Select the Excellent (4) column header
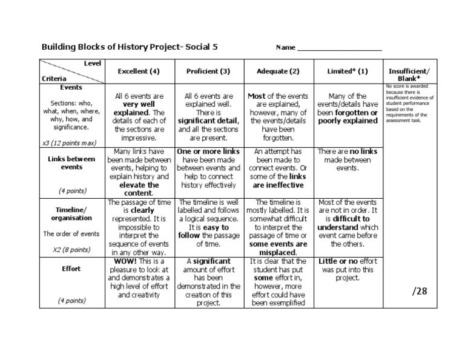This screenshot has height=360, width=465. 139,71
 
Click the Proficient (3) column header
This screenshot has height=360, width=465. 208,71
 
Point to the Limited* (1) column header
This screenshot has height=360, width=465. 348,71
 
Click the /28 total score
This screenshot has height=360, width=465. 420,291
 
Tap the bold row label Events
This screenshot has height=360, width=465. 71,87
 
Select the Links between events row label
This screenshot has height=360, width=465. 71,162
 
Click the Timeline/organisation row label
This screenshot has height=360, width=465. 71,213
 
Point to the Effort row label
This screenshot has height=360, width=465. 71,268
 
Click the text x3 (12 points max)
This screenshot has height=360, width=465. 71,143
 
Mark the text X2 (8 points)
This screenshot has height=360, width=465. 71,249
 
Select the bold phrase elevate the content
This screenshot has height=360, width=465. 139,189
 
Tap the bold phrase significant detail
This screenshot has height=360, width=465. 208,121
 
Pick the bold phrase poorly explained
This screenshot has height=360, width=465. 348,121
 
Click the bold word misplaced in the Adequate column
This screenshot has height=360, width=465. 278,252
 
